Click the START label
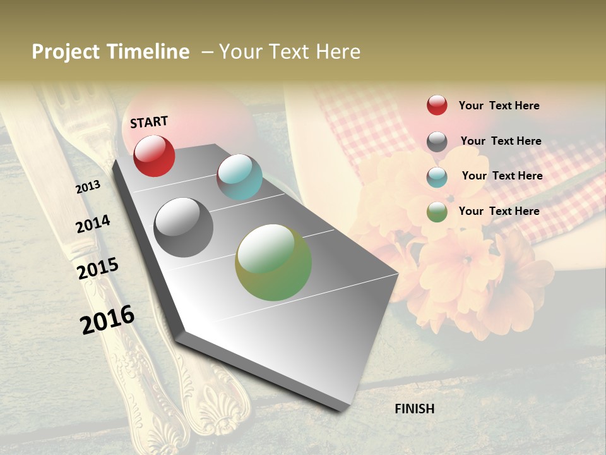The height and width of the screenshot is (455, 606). (149, 121)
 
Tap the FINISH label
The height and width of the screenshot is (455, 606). (414, 409)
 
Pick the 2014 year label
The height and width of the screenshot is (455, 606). (93, 224)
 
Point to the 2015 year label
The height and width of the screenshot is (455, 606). (98, 268)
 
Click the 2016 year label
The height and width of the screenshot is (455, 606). (107, 319)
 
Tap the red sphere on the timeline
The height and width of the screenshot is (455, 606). (154, 155)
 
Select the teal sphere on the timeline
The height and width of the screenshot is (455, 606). (239, 177)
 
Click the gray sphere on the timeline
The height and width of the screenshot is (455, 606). (183, 227)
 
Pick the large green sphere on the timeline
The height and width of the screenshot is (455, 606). (273, 262)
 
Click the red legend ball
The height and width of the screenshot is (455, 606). (437, 105)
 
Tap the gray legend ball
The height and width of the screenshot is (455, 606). (437, 142)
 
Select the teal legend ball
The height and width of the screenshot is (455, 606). (437, 176)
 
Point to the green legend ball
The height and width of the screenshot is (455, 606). (437, 212)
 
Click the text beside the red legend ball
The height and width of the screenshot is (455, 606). (499, 106)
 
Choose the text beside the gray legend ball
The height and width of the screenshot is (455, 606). (501, 141)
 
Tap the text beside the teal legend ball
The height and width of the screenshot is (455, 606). (502, 176)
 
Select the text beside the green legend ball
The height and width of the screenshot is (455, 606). (499, 211)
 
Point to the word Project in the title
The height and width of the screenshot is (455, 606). (66, 52)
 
